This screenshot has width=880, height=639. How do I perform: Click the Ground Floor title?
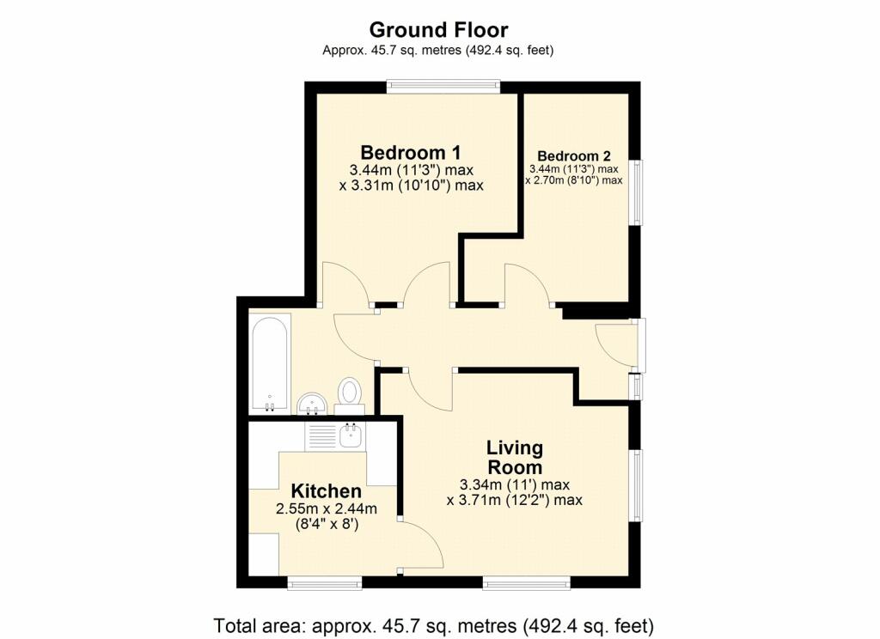[x=438, y=29]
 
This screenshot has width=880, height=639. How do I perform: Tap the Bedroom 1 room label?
[x=411, y=152]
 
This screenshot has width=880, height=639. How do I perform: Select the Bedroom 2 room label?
[x=573, y=156]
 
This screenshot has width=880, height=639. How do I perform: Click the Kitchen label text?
[x=326, y=491]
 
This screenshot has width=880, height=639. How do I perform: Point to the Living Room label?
[x=515, y=457]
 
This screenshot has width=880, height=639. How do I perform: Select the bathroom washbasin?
[x=313, y=404]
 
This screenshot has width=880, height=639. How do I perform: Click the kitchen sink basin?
[x=351, y=435]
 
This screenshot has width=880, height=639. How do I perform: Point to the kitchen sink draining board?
[x=321, y=436]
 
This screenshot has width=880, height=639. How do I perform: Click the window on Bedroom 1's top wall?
[x=443, y=87]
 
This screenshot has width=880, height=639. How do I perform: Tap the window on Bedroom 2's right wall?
[x=636, y=192]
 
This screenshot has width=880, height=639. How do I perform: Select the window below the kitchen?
[x=325, y=583]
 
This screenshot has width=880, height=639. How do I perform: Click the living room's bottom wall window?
[x=527, y=583]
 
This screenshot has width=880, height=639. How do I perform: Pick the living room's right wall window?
[x=636, y=486]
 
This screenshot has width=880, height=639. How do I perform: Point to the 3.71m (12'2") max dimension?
[x=514, y=499]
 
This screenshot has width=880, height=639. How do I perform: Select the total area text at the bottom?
[x=434, y=625]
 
